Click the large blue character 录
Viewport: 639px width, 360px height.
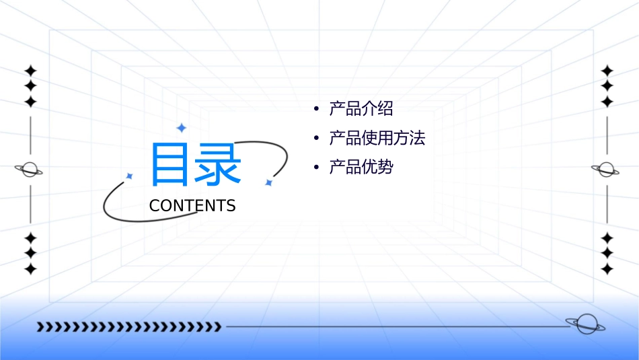tap(217, 164)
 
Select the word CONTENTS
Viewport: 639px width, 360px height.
tap(192, 206)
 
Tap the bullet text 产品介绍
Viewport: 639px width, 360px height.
tap(361, 109)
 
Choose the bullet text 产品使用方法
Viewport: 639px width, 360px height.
tap(377, 139)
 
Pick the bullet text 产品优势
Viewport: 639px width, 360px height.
tap(361, 168)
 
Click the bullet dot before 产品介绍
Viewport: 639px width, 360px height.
tap(315, 109)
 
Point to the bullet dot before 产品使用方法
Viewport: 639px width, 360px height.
tap(315, 139)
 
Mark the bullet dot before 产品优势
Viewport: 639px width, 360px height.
tap(315, 168)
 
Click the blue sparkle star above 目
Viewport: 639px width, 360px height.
tap(181, 127)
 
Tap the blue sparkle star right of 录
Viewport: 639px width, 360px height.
tap(268, 182)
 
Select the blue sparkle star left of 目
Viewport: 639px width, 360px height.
tap(130, 176)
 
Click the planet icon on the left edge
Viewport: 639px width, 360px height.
tap(30, 170)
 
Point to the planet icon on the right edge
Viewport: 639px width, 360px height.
tap(606, 170)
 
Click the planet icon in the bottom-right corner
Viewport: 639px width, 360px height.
tap(585, 324)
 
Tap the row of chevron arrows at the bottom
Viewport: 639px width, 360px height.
tap(128, 327)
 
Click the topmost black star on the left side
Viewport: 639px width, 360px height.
tap(30, 71)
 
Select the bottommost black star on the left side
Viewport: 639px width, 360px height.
tap(30, 268)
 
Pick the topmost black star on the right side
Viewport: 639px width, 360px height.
tap(607, 71)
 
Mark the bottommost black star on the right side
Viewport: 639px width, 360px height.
tap(607, 268)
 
